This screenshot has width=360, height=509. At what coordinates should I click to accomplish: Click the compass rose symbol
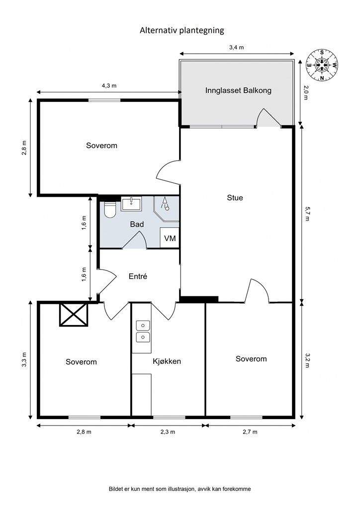coord(322,65)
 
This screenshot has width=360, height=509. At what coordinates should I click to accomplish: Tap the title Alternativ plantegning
coord(182,30)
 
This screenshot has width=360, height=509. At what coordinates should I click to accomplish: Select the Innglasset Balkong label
coord(238,90)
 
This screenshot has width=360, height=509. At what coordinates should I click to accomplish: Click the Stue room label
coord(235,198)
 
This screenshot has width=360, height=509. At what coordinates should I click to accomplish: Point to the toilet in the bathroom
coord(110,210)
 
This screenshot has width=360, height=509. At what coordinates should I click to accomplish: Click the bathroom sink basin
coord(131,204)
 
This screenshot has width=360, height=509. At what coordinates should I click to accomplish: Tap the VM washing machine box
coord(170,238)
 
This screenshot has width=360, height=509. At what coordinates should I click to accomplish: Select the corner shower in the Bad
coord(166,209)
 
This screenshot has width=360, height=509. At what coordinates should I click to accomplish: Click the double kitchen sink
coord(143,331)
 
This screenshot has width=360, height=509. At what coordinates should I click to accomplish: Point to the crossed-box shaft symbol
coord(74,315)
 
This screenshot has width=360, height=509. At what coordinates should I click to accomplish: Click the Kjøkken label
coord(167,361)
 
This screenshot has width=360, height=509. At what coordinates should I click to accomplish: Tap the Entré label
coord(138,276)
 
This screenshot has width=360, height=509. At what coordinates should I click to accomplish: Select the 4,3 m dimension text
coord(109,86)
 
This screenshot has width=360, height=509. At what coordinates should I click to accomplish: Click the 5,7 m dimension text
coord(306,214)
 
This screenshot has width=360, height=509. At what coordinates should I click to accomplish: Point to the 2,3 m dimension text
coord(168,432)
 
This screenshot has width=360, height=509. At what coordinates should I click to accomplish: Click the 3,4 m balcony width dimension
coord(236,47)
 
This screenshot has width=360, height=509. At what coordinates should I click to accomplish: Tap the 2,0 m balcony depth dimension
coord(305,92)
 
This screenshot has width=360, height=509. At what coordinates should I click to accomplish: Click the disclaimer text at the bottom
coord(180,489)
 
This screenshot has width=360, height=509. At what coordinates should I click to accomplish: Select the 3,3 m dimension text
coord(24,360)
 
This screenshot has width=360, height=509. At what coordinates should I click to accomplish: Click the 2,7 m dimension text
coord(250,432)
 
